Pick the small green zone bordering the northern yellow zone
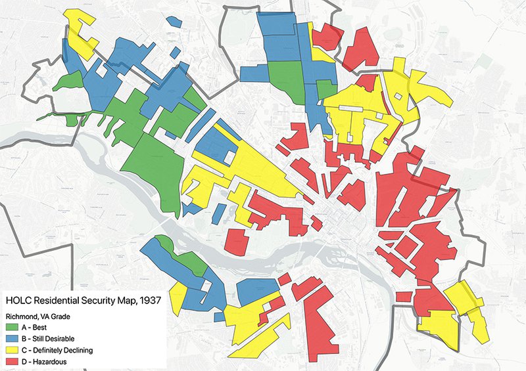[x=324, y=89]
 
